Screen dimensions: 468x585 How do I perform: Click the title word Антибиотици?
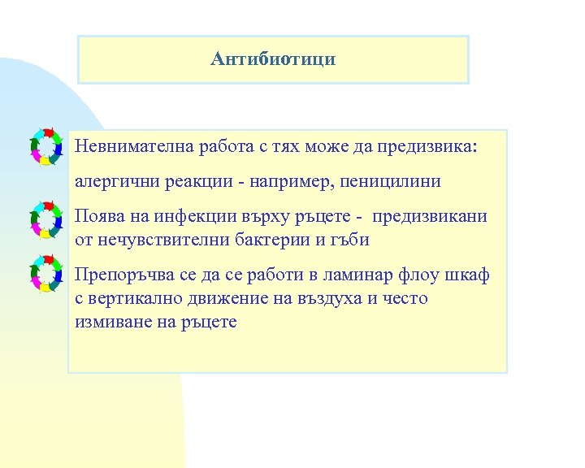[273, 58]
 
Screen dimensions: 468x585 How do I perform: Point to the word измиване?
[109, 321]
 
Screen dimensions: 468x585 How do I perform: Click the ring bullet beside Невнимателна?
[46, 146]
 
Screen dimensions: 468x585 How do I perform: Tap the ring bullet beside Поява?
[46, 219]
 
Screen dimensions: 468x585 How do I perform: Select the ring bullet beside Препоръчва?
[46, 273]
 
